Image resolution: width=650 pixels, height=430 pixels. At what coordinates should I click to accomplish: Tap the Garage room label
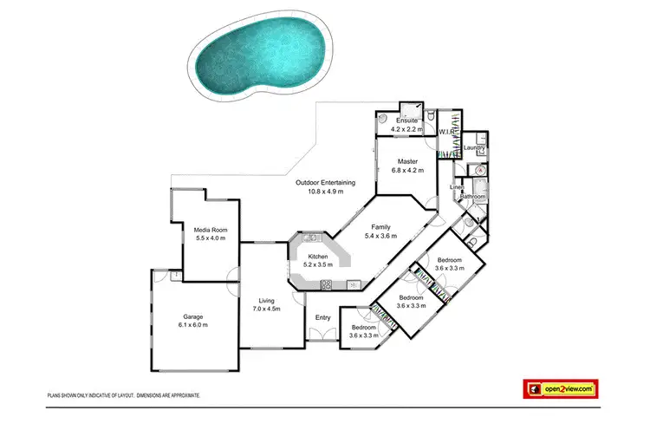[x=192, y=317]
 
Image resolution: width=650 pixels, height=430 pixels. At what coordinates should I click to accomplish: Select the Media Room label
[x=211, y=229]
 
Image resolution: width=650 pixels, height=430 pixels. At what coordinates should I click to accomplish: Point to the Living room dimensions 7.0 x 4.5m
[x=265, y=309]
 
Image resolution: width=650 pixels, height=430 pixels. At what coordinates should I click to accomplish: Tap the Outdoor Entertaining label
[x=325, y=182]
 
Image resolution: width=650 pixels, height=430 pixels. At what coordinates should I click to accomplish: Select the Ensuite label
[x=407, y=120]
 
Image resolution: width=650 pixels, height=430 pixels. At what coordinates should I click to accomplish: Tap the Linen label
[x=457, y=187]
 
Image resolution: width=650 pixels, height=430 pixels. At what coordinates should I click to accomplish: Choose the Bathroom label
[x=473, y=197]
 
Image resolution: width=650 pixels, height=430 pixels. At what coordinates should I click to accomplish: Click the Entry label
[x=322, y=317]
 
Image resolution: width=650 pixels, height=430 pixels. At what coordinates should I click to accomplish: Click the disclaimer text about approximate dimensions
[x=124, y=395]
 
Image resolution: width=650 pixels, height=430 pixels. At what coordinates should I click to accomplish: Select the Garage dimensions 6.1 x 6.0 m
[x=192, y=325]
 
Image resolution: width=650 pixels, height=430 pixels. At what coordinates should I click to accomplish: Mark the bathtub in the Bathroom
[x=482, y=187]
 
